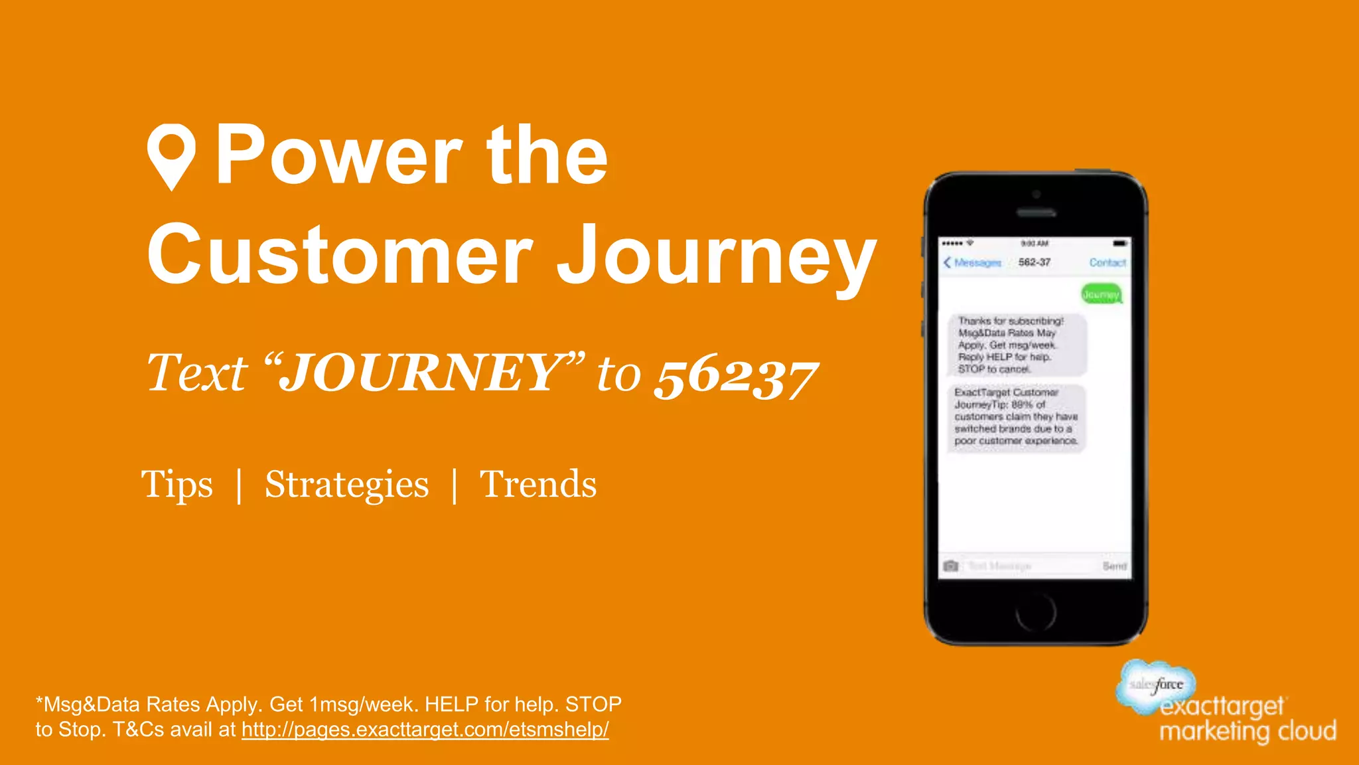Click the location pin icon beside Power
click(171, 155)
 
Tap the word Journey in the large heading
click(717, 256)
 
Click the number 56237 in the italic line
click(735, 376)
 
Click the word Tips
click(177, 484)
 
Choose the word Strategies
click(346, 484)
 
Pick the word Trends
click(538, 484)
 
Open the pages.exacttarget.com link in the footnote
click(425, 730)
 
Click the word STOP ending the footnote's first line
click(593, 704)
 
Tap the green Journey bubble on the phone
click(1101, 294)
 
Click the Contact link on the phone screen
click(1108, 263)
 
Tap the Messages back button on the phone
click(972, 263)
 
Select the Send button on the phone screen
click(1114, 566)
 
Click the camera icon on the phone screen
click(951, 566)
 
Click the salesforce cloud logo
click(1156, 684)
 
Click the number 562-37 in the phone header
click(1035, 262)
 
